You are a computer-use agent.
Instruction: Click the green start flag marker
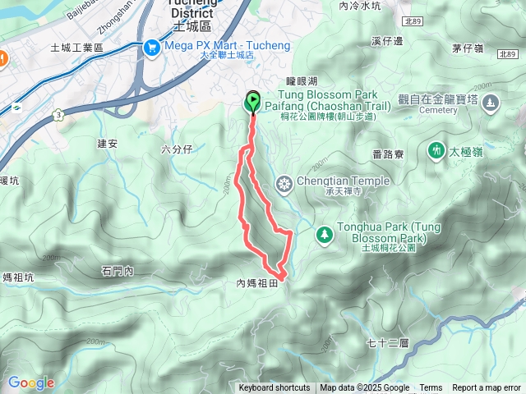point(252,102)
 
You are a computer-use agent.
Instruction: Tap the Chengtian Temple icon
point(284,182)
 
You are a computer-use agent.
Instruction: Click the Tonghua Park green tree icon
point(325,235)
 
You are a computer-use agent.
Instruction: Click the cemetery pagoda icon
point(491,104)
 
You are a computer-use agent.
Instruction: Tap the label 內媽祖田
point(259,283)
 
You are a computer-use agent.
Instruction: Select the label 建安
point(108,143)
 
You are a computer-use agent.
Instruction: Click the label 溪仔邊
point(386,40)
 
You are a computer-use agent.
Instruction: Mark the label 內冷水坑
point(360,5)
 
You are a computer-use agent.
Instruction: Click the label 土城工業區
point(76,48)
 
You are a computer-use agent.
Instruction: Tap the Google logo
point(30,383)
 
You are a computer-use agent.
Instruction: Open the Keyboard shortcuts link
point(275,388)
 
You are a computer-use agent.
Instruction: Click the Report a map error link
point(487,388)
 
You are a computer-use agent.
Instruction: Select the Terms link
point(431,388)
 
